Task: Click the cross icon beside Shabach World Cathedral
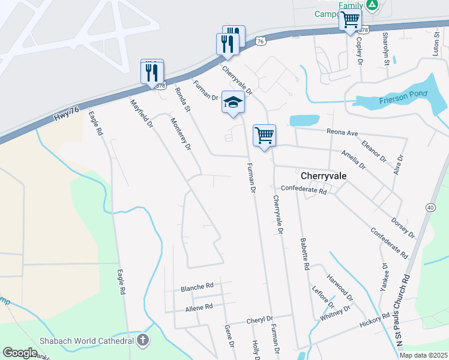point(142,341)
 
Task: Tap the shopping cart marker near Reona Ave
point(264,135)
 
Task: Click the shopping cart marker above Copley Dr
point(351,20)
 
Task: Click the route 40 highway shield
point(430,207)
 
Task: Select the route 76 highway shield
point(259,41)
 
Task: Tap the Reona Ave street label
point(342,133)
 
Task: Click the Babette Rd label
point(304,253)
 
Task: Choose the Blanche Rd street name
point(197,288)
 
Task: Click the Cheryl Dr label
point(260,320)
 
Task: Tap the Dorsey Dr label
point(402,227)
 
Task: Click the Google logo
point(20,353)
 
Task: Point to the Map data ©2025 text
point(423,355)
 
